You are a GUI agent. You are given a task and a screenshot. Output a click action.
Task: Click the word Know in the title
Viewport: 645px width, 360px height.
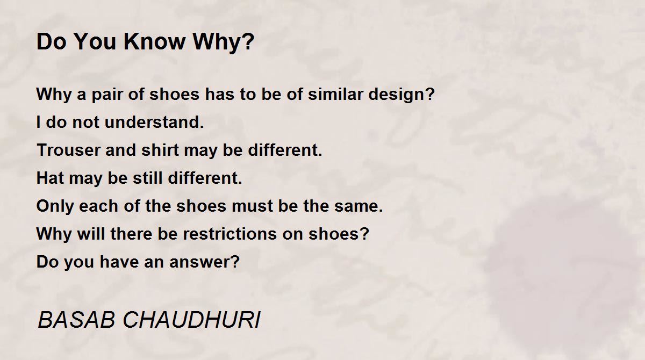154,42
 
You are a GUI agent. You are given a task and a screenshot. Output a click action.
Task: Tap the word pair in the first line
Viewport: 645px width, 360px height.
107,95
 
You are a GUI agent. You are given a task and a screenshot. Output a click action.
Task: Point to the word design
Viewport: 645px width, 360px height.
402,95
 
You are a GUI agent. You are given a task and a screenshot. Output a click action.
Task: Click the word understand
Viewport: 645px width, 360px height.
154,122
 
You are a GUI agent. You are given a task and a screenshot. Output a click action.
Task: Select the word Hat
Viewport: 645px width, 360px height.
50,178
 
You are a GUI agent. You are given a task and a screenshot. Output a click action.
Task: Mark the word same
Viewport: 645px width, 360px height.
359,206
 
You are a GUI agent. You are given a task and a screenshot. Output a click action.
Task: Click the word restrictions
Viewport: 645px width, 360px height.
230,234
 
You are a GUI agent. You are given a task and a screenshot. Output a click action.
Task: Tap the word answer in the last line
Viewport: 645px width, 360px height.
204,262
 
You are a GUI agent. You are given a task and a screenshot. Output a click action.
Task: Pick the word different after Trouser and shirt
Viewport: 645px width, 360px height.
285,150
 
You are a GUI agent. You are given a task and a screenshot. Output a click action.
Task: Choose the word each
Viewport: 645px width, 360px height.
98,206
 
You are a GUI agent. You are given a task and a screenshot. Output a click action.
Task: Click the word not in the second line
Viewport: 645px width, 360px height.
85,123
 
